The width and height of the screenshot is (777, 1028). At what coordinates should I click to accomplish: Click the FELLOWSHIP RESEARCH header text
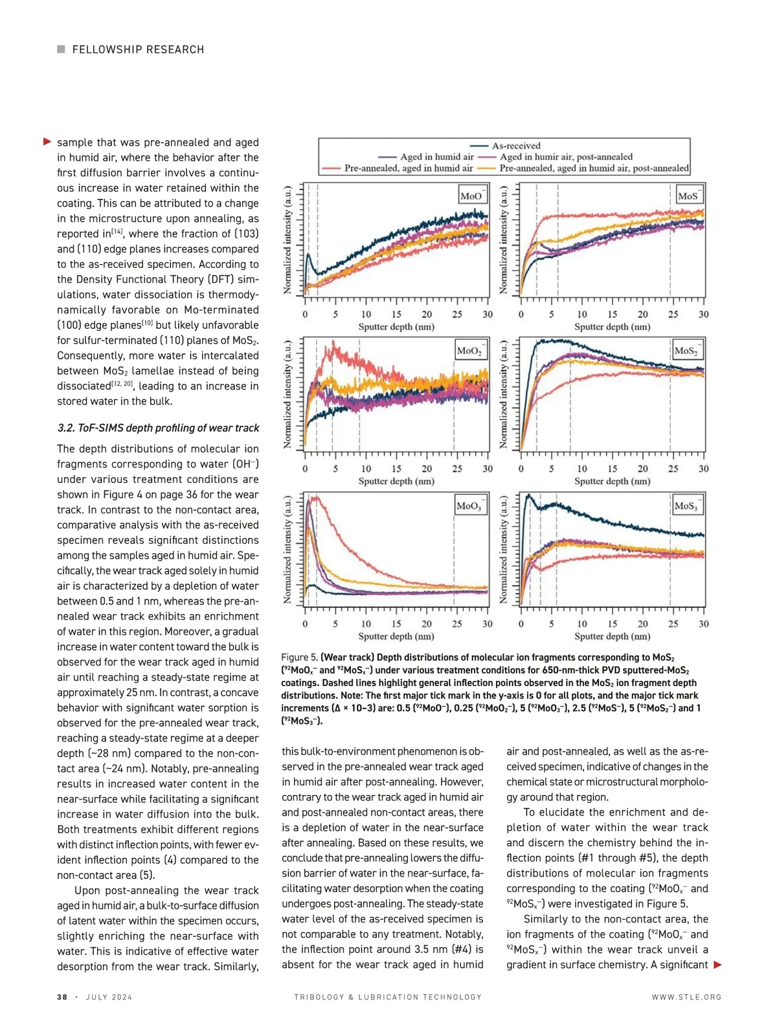[138, 50]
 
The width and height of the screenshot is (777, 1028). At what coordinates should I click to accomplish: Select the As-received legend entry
[515, 146]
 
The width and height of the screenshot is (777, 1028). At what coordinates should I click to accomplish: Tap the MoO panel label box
[471, 196]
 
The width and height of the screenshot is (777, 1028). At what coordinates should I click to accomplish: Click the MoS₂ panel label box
[686, 351]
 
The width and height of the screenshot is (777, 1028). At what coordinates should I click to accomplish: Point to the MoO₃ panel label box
[469, 506]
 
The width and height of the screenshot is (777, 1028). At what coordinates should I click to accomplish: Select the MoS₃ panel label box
[686, 506]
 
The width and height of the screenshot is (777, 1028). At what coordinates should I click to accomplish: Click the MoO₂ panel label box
[469, 351]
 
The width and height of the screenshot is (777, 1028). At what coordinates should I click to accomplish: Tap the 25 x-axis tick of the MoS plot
[673, 315]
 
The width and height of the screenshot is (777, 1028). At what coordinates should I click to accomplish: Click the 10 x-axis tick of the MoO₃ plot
[366, 624]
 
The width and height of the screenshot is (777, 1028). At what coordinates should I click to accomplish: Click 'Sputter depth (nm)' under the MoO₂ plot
[396, 481]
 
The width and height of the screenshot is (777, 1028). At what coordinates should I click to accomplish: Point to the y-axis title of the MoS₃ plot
[503, 551]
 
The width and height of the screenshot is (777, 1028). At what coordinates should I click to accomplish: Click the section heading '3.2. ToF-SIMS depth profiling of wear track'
[158, 428]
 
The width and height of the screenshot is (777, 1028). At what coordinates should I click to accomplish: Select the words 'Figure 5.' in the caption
[300, 657]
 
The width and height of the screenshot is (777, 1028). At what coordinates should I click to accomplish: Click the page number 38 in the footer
[62, 997]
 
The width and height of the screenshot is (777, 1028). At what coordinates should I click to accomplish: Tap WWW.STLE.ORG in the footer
[686, 997]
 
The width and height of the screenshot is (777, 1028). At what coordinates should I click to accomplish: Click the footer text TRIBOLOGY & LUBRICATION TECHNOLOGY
[388, 997]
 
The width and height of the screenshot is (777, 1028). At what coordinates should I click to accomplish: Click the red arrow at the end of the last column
[717, 965]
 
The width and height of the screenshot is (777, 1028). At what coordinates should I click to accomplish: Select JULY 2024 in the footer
[109, 997]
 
